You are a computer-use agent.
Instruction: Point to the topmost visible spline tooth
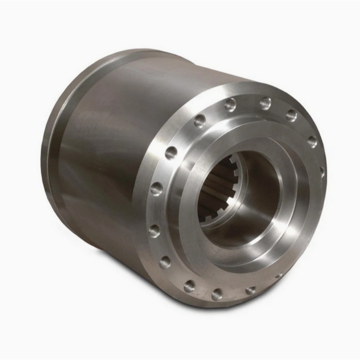234,159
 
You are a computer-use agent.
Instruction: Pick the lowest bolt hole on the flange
217,294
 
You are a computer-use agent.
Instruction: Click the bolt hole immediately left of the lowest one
189,285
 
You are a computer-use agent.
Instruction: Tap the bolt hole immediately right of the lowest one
251,291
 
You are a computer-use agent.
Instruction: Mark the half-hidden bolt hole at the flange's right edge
322,171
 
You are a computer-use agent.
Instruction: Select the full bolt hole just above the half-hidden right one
312,141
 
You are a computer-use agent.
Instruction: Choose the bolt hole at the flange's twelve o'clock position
265,103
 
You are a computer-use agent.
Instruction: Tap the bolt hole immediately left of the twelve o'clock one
230,104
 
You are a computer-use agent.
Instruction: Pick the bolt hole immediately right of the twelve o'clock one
291,115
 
